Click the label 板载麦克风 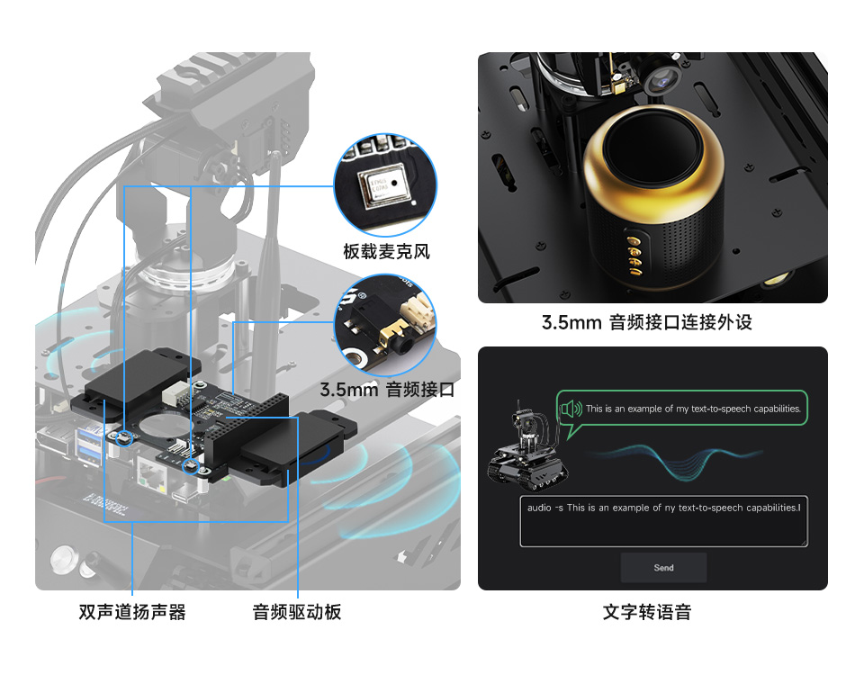pos(386,251)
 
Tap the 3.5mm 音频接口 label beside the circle pos(387,390)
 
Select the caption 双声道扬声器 pos(132,612)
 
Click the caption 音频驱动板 pos(297,612)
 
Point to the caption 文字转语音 pos(647,612)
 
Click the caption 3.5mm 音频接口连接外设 pos(646,322)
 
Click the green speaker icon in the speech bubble pos(571,409)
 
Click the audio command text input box pos(663,521)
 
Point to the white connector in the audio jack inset pos(418,312)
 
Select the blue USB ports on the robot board pos(90,445)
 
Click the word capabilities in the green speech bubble pos(766,409)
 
